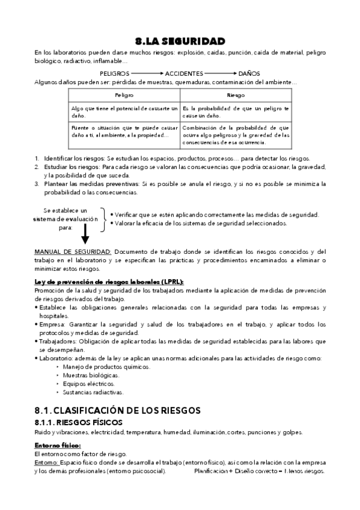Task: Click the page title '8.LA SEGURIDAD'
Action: [180, 41]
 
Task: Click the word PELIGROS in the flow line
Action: [115, 73]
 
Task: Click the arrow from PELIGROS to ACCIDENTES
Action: [148, 73]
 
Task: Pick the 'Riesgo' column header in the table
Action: [236, 96]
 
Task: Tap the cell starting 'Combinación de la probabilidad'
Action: [236, 135]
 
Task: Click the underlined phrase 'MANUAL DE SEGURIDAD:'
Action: [73, 251]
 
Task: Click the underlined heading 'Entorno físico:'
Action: [58, 445]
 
